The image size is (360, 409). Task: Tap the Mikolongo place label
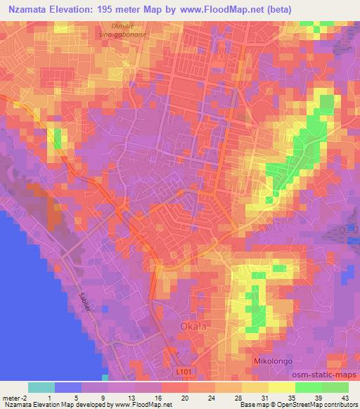[x=273, y=361]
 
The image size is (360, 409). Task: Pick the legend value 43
[x=345, y=395]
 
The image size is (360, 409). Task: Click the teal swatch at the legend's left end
[x=41, y=387]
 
